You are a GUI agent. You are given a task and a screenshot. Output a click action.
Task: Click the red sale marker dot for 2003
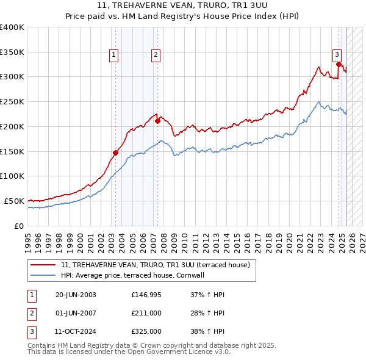pyautogui.click(x=115, y=153)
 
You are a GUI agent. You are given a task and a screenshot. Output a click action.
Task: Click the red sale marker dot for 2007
pyautogui.click(x=157, y=121)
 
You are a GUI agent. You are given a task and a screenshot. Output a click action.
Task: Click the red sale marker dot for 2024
pyautogui.click(x=339, y=63)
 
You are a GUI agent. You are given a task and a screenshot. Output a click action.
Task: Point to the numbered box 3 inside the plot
pyautogui.click(x=337, y=54)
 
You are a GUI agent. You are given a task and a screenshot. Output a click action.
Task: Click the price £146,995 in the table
pyautogui.click(x=146, y=295)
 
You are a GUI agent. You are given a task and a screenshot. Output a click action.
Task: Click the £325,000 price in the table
pyautogui.click(x=146, y=333)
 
